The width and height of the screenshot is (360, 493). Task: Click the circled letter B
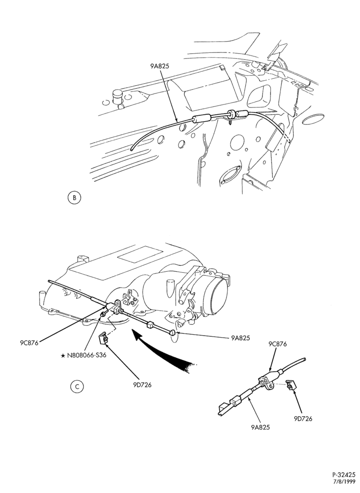point(74,198)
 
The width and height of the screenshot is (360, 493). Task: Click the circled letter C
point(77,387)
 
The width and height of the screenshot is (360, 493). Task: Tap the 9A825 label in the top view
point(160,66)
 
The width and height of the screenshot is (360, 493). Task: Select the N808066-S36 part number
point(87,355)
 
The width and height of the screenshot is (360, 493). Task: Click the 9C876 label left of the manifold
point(29,343)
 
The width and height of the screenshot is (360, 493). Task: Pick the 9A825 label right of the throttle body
point(240,338)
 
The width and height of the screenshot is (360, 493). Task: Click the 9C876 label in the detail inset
point(277,344)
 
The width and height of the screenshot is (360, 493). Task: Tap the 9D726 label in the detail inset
point(303,418)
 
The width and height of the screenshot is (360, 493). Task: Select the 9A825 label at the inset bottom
point(261,427)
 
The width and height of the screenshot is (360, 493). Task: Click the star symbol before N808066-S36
point(63,355)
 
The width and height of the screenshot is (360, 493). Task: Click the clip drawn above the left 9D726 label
point(104,338)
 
